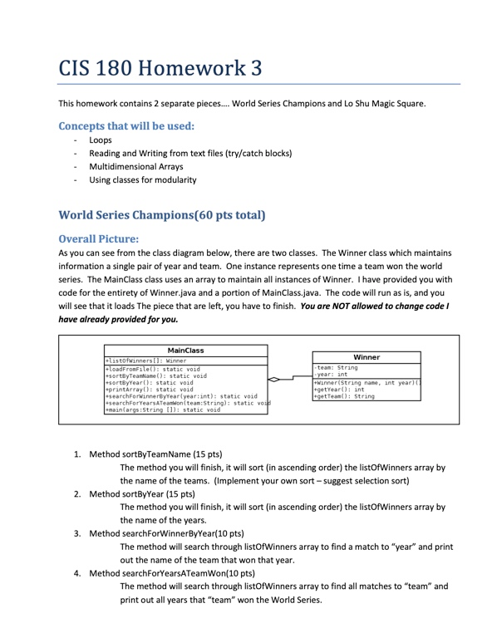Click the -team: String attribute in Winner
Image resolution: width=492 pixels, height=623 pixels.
[337, 366]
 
